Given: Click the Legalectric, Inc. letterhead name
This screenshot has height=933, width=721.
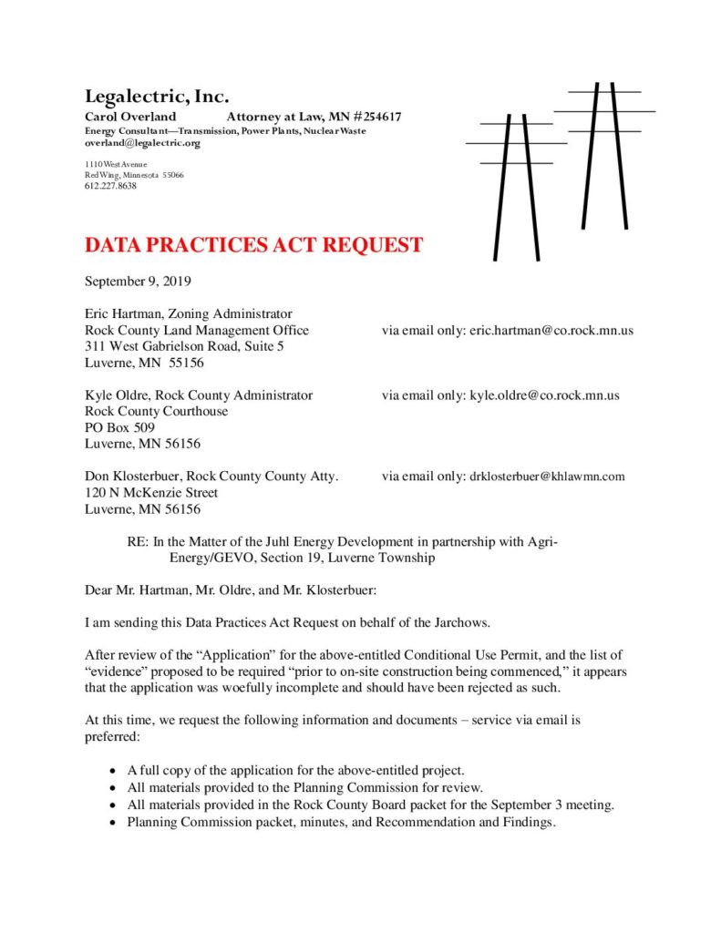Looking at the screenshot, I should [x=157, y=97].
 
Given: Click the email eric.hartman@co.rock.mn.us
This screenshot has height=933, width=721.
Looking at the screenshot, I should [x=551, y=330].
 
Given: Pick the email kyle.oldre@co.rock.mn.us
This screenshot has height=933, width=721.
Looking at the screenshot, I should [x=544, y=395].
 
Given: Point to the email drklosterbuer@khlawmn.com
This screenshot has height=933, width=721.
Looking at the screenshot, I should [x=547, y=477].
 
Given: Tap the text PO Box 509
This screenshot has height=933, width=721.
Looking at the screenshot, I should [x=119, y=427].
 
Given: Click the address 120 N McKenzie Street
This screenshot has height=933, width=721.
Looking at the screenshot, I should [x=151, y=493].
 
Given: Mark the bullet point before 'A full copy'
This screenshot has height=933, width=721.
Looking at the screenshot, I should [x=112, y=769].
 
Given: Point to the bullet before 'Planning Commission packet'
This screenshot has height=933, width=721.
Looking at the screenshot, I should [x=112, y=823].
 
